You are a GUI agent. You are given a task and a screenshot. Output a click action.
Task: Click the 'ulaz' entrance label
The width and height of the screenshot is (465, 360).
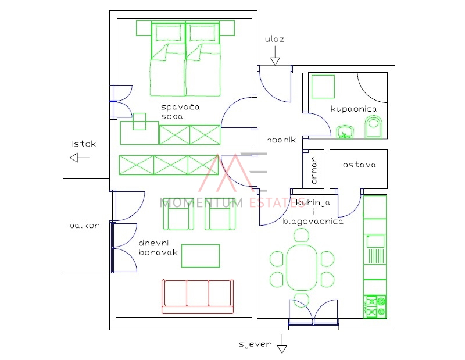click(274, 39)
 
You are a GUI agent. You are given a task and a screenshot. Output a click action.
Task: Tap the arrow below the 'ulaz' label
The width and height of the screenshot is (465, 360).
click(274, 56)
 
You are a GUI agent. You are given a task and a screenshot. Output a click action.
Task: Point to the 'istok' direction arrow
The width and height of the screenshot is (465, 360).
click(79, 158)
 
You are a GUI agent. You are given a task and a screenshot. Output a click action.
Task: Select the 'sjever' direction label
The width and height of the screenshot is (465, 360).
click(255, 344)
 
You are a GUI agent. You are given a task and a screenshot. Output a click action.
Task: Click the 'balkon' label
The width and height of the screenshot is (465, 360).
click(84, 225)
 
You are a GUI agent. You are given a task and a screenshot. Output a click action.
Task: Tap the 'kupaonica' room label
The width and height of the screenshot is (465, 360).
click(354, 109)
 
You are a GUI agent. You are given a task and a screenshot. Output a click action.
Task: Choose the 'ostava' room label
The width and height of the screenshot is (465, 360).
click(359, 165)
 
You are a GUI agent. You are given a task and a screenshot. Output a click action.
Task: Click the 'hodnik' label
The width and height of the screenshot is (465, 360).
click(281, 140)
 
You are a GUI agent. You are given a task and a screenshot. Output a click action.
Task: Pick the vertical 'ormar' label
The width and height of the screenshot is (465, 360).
click(313, 170)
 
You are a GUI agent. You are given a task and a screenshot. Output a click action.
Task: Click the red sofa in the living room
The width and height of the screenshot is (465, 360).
click(197, 296)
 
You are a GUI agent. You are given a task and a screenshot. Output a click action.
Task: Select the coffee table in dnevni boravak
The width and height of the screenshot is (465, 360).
click(201, 255)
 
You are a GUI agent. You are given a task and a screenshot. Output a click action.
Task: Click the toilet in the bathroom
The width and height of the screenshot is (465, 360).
click(373, 127)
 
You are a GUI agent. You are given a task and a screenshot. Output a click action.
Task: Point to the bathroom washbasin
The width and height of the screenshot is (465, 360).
click(346, 133)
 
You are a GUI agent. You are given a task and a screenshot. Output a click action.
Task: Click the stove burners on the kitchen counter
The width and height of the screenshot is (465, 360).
click(375, 306)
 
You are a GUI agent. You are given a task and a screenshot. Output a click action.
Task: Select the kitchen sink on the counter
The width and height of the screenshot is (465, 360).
click(375, 241)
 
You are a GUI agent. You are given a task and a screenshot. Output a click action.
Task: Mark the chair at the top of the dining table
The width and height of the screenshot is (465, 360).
click(302, 235)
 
